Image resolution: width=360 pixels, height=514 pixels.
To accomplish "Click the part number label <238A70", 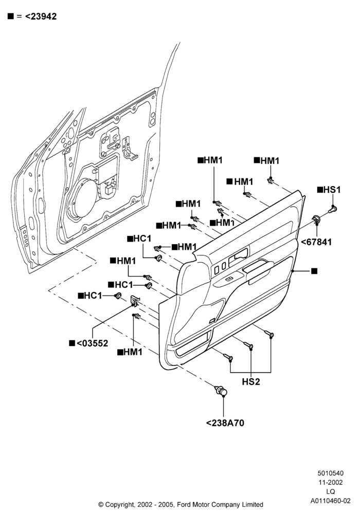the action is click(x=225, y=423).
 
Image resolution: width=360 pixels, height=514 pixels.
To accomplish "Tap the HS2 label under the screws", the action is click(x=251, y=381).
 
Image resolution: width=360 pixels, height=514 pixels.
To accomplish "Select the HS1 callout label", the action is click(x=329, y=190).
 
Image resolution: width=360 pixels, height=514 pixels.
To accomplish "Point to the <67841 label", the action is click(x=316, y=242).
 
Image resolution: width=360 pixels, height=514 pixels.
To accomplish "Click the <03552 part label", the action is click(x=88, y=343).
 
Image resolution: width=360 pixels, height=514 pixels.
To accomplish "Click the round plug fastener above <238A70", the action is click(x=221, y=391).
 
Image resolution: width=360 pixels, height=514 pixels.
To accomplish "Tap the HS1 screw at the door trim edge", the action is click(x=333, y=208).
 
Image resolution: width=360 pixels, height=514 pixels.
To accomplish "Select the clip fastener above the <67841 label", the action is click(x=317, y=219).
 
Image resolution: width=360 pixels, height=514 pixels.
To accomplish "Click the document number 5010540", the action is click(x=330, y=473).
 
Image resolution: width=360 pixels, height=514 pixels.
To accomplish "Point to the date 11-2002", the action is click(x=330, y=482).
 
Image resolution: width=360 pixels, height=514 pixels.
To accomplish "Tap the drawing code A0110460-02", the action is click(x=330, y=501).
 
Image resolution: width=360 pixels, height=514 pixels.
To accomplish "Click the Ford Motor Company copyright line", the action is click(x=181, y=505).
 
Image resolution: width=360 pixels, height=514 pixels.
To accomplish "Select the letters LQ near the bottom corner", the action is click(x=330, y=492).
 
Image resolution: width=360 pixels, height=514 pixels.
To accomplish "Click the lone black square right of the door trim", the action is click(x=314, y=271).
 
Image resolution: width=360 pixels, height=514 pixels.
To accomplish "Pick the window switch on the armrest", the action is click(x=230, y=279).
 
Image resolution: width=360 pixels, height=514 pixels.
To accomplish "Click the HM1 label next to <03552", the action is click(x=130, y=352).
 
